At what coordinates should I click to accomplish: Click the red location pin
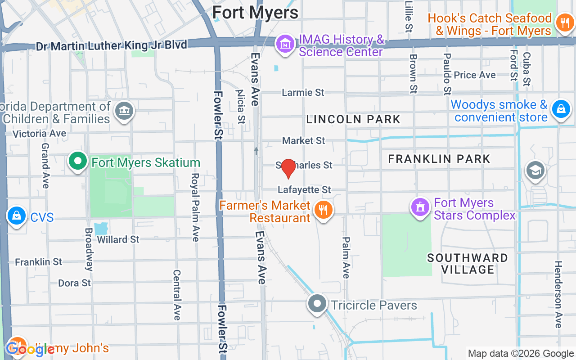[288, 169]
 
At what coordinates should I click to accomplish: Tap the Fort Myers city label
[255, 13]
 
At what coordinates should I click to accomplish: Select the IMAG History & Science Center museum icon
[285, 45]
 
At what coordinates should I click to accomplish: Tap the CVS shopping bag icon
[17, 216]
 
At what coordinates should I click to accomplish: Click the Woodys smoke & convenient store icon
[561, 109]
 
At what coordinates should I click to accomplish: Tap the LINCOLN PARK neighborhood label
[353, 119]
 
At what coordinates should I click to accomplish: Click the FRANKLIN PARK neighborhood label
[439, 159]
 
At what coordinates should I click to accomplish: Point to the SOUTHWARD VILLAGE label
[468, 264]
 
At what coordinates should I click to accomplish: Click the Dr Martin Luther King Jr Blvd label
[111, 46]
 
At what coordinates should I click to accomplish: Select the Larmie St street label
[303, 92]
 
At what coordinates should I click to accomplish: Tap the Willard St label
[118, 239]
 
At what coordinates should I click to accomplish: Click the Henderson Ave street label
[558, 294]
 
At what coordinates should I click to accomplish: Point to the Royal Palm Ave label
[195, 207]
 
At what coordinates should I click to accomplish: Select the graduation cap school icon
[535, 171]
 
